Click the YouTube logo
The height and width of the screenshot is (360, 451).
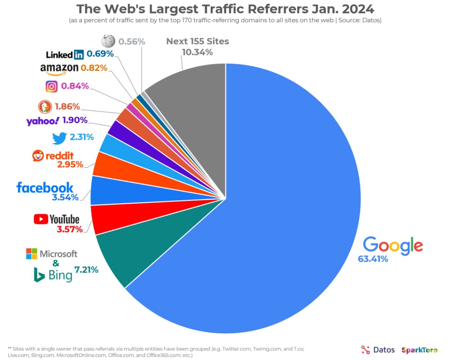(56, 219)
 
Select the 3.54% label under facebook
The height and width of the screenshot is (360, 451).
(65, 198)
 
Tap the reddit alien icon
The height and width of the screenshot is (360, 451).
(38, 155)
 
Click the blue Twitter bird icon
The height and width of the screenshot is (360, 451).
(59, 138)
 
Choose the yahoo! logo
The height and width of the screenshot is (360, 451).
(42, 121)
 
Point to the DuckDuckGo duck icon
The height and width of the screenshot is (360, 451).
(44, 106)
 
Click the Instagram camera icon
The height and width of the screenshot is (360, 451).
(52, 86)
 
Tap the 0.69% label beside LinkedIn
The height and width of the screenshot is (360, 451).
(100, 54)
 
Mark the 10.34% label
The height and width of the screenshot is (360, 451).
(197, 52)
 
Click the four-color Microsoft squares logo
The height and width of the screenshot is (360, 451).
(31, 253)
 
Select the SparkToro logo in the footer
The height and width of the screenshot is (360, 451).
(419, 350)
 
